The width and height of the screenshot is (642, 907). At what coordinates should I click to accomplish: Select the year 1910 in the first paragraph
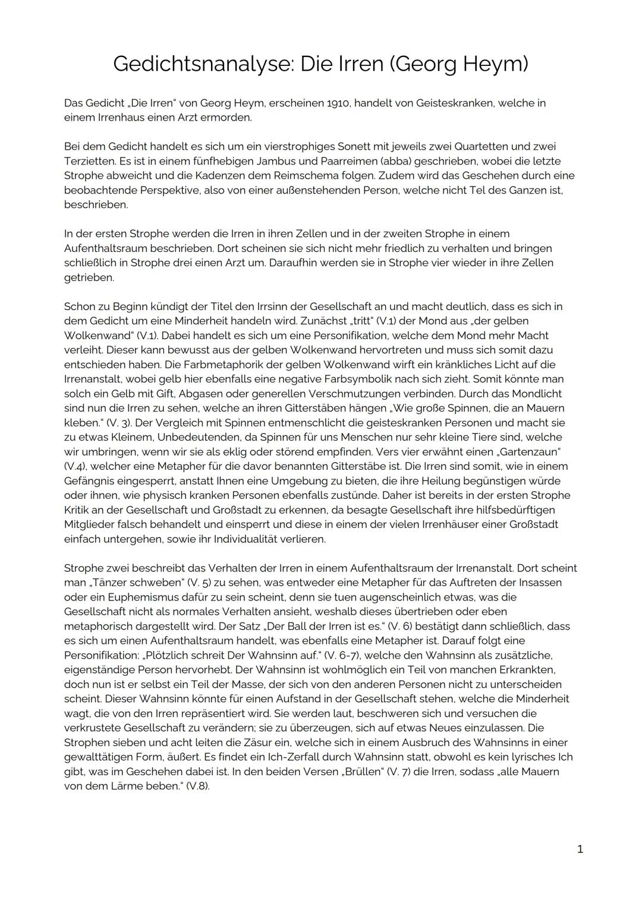(x=338, y=103)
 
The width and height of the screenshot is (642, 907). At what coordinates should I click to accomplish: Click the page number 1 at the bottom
(x=580, y=849)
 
